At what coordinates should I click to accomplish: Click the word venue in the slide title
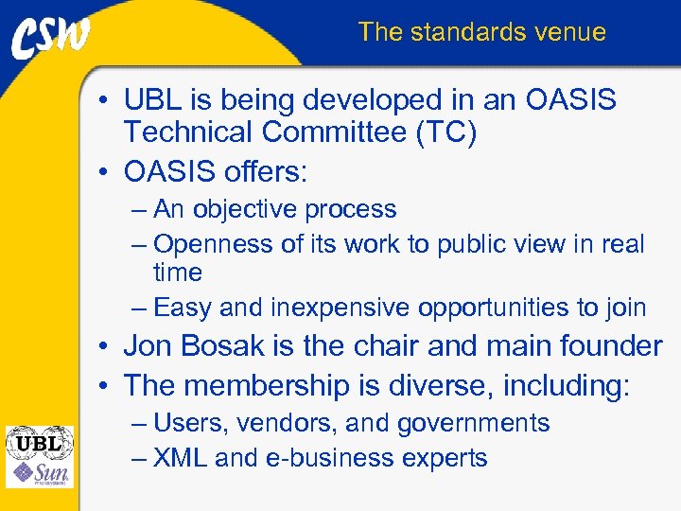[x=568, y=32]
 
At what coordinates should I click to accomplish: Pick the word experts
[x=445, y=459]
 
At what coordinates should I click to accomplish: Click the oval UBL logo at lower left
[x=39, y=442]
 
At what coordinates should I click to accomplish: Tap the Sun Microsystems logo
[x=39, y=472]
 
